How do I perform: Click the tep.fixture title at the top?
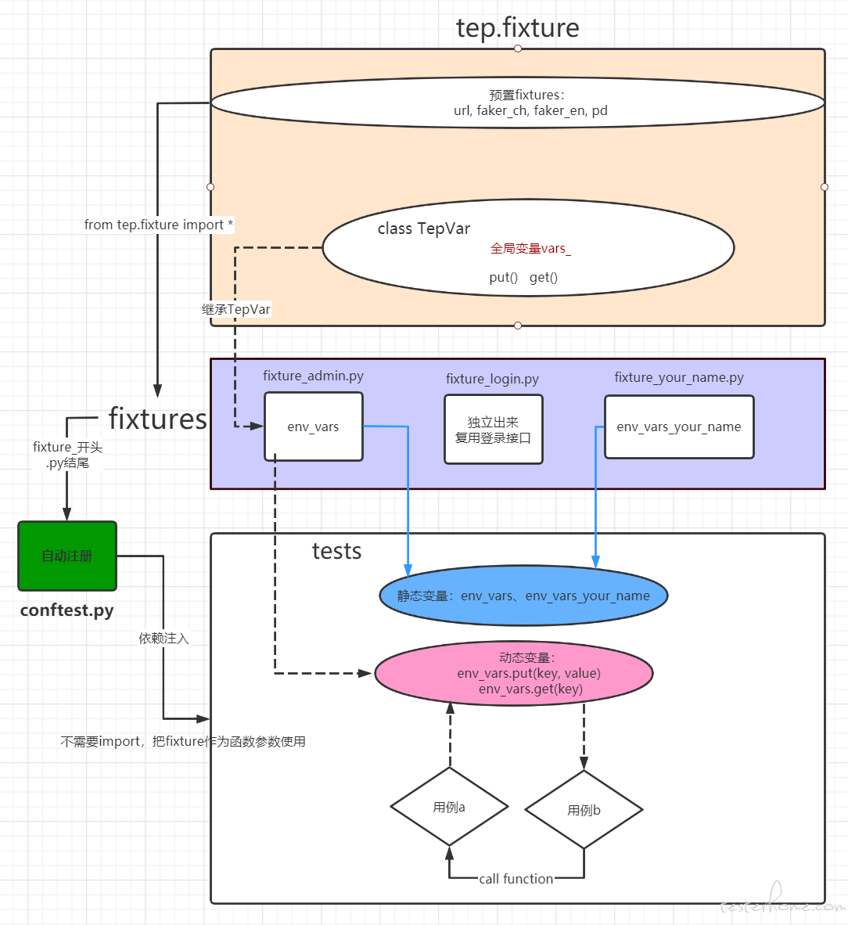point(517,27)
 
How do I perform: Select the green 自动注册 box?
point(67,556)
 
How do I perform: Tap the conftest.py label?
point(66,610)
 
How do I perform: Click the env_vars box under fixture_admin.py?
point(313,427)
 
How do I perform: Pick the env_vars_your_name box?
point(679,427)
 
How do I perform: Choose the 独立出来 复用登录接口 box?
point(493,430)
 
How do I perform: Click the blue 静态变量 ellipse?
point(523,596)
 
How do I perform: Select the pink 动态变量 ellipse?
point(514,673)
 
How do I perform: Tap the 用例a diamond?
point(449,806)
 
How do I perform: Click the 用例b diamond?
point(584,810)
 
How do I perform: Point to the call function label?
point(516,879)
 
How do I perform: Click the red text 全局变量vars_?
point(530,248)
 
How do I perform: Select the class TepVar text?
point(424,229)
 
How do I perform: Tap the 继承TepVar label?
point(236,309)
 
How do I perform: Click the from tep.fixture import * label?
point(159,225)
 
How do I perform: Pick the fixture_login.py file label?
point(492,379)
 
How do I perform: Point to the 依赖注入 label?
point(164,639)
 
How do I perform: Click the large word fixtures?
point(157,418)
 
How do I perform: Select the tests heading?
point(336,551)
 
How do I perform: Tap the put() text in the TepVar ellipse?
point(504,277)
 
